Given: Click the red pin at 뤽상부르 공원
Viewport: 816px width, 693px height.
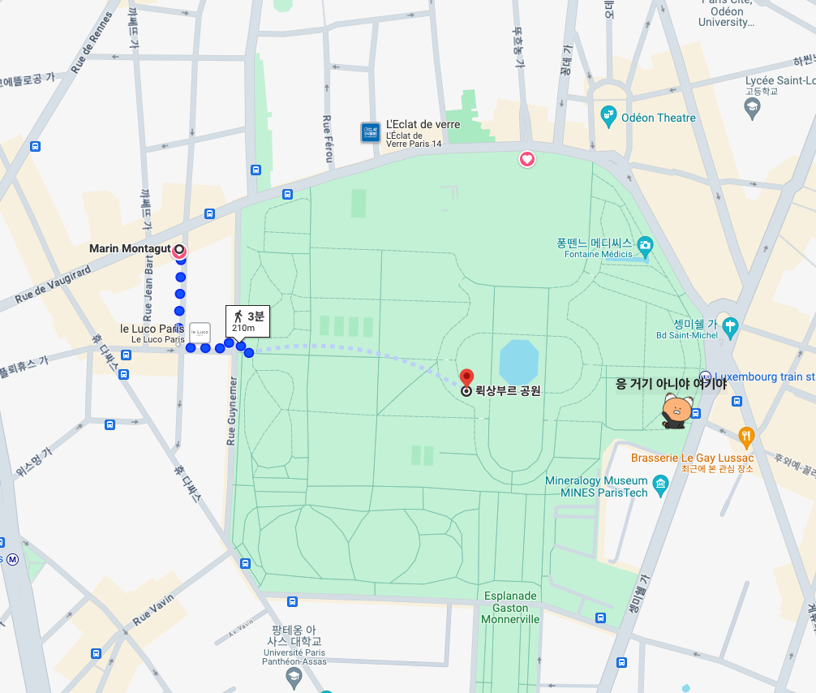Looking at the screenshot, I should click(x=466, y=377).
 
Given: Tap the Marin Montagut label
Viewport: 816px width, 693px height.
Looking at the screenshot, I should click(x=129, y=248).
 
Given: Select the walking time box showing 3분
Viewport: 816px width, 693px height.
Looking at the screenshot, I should click(x=247, y=321).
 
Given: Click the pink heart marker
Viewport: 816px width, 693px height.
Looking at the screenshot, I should click(x=527, y=159).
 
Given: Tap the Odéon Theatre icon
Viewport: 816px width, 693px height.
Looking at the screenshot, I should click(x=609, y=117).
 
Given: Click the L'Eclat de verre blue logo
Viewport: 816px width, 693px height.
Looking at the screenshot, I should click(x=371, y=132).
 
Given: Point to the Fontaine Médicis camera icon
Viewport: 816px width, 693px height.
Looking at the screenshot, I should click(x=645, y=244).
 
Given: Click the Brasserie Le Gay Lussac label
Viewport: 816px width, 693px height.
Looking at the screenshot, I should click(x=692, y=458).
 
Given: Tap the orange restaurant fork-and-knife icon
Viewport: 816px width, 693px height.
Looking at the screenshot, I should click(x=746, y=437).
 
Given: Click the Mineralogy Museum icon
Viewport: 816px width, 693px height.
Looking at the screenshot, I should click(x=661, y=486).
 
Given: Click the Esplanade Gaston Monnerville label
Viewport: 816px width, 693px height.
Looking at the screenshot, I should click(x=510, y=607).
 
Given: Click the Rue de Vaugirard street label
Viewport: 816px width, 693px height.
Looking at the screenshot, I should click(x=53, y=285).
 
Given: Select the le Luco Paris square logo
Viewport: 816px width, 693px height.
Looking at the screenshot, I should click(x=200, y=333).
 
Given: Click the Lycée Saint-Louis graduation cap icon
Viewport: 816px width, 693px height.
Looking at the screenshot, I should click(x=752, y=107).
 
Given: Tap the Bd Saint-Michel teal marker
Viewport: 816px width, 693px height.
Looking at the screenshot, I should click(x=730, y=327).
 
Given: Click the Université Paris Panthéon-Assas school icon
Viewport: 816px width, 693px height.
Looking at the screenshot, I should click(x=294, y=680).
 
